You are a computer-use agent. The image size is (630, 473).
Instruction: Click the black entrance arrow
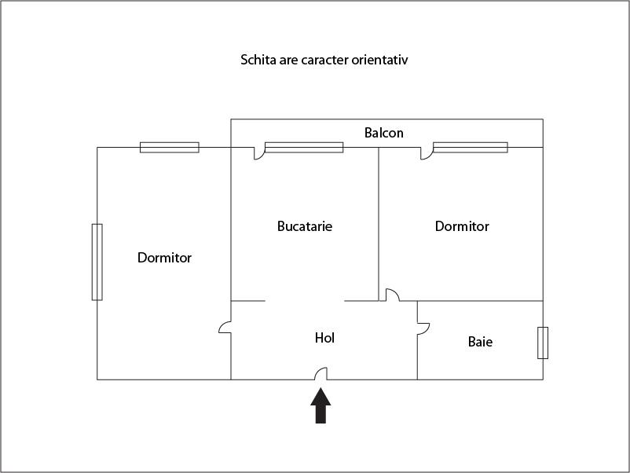[320, 405]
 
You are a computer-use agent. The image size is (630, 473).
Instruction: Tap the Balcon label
[383, 133]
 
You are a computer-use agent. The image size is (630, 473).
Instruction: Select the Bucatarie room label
[305, 225]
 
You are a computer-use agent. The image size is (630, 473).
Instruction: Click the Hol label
[324, 338]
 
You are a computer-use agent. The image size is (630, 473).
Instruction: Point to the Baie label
[480, 342]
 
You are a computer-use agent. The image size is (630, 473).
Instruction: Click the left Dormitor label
[164, 257]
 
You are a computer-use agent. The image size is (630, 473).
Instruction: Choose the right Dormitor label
[462, 225]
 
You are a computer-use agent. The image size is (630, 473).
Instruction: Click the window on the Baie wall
[543, 343]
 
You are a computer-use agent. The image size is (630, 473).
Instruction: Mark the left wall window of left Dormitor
[97, 262]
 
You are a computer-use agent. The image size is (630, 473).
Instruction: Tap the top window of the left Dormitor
[170, 148]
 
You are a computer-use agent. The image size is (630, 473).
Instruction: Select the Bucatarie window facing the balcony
[304, 148]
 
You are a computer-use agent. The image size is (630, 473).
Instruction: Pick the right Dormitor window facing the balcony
[471, 148]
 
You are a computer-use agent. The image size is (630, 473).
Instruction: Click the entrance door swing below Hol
[320, 374]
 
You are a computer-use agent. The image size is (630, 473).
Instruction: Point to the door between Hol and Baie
[423, 328]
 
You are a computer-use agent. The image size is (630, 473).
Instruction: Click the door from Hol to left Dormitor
[225, 327]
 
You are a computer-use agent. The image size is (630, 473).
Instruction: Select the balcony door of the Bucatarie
[259, 153]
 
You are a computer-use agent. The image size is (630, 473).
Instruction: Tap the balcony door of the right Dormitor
[427, 153]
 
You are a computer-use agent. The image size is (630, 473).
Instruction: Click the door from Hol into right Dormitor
[393, 295]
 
